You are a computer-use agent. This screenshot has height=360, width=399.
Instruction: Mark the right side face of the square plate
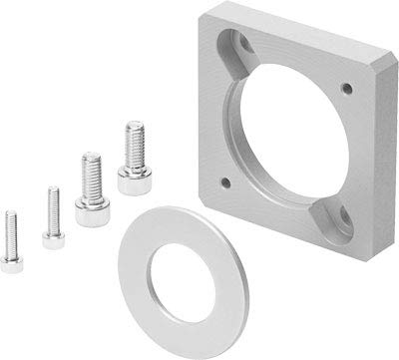(385, 160)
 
